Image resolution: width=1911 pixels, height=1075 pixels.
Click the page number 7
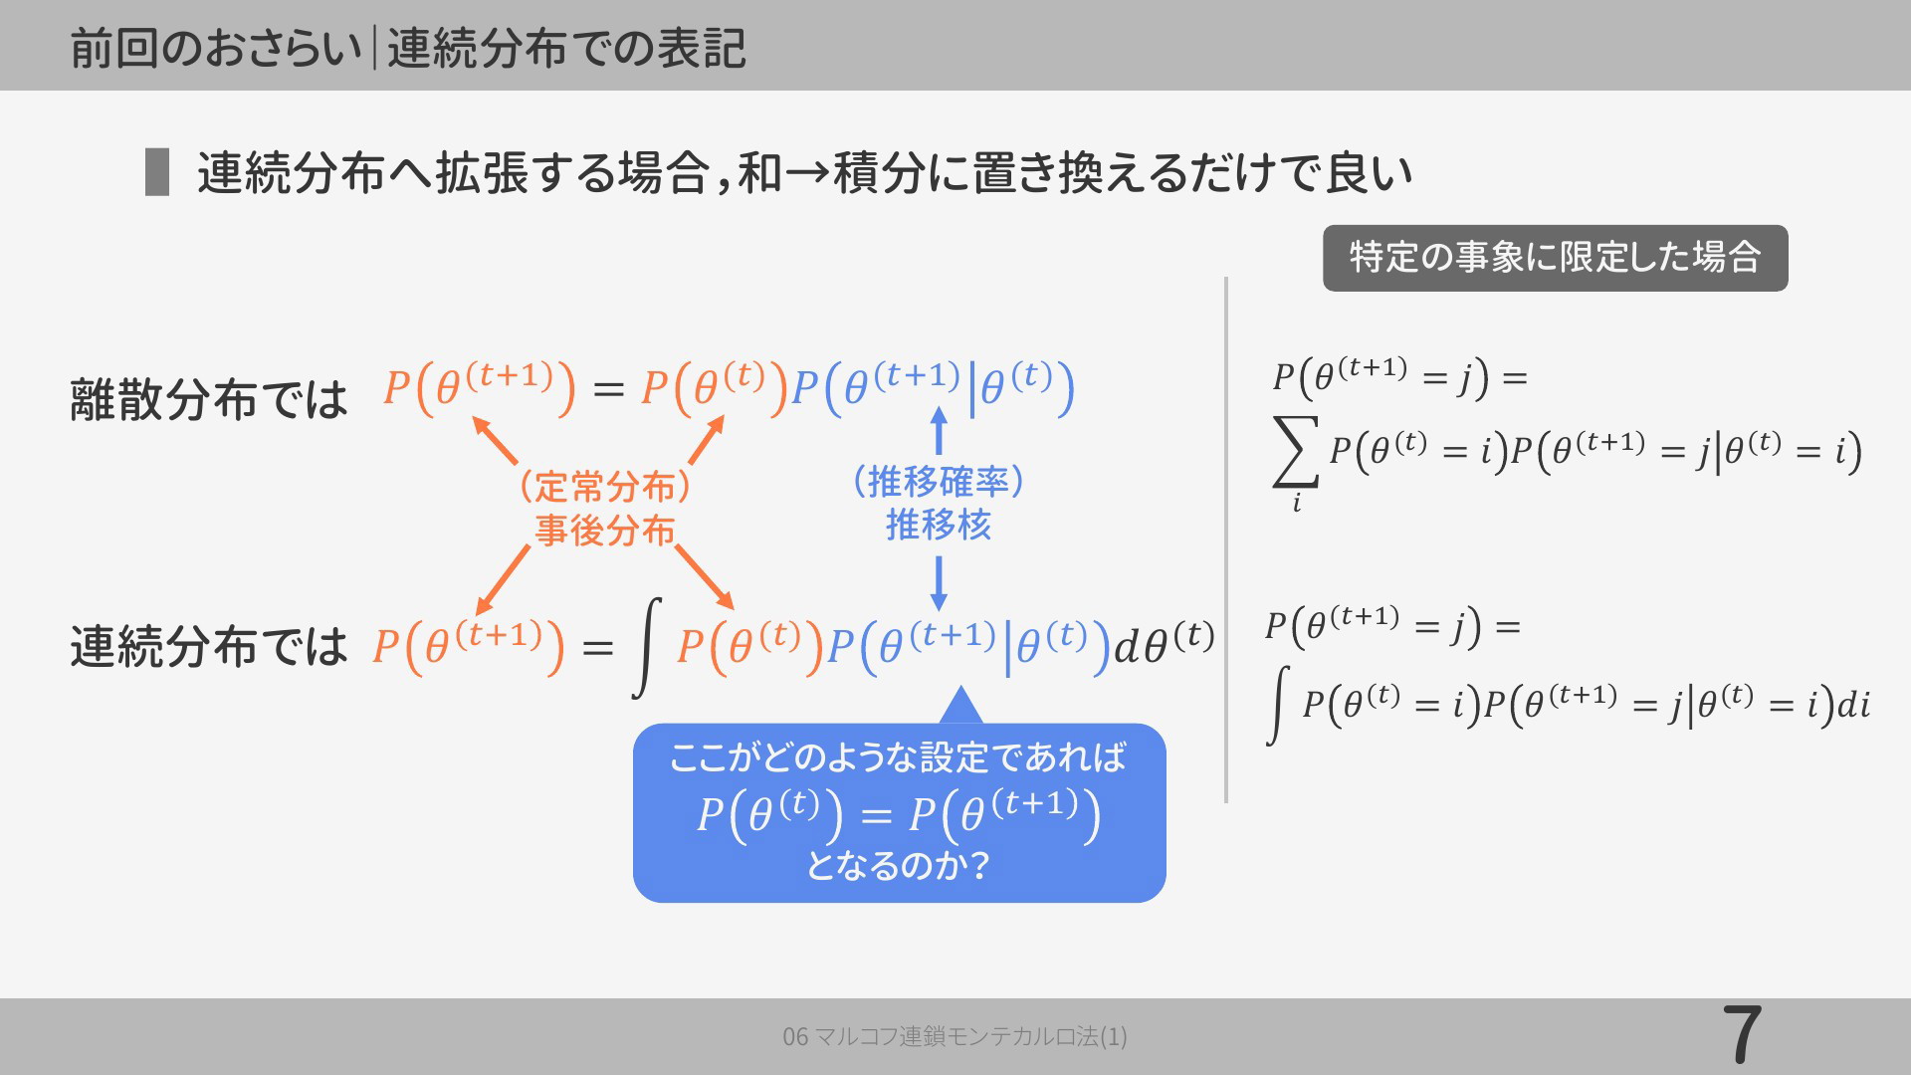(1742, 1035)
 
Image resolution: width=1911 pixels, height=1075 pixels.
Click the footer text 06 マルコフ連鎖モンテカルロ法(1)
(955, 1036)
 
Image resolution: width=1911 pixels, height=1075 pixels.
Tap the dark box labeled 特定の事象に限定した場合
(1555, 258)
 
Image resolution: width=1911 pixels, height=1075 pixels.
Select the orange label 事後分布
(605, 530)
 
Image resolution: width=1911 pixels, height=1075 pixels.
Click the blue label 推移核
(939, 525)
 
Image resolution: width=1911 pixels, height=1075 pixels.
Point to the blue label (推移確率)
(939, 482)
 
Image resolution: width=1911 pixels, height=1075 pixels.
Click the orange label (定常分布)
(605, 487)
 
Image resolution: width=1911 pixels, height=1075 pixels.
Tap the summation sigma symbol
(1296, 453)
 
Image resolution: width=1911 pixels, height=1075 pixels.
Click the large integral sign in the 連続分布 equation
(648, 648)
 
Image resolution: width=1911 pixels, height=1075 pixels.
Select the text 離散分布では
(209, 399)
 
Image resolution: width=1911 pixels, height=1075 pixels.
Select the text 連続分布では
(209, 646)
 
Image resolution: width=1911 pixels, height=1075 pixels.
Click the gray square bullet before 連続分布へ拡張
(157, 172)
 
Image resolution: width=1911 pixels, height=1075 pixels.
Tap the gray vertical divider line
(1226, 539)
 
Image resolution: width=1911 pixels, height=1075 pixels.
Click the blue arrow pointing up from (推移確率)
(938, 431)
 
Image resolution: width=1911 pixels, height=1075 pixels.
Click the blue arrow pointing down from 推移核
(938, 583)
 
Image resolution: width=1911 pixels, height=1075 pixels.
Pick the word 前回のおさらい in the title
(216, 48)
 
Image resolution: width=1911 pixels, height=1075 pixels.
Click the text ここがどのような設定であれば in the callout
(898, 757)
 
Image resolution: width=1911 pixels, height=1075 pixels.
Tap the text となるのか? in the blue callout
(898, 865)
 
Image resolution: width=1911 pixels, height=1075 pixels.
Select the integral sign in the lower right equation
(1279, 706)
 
